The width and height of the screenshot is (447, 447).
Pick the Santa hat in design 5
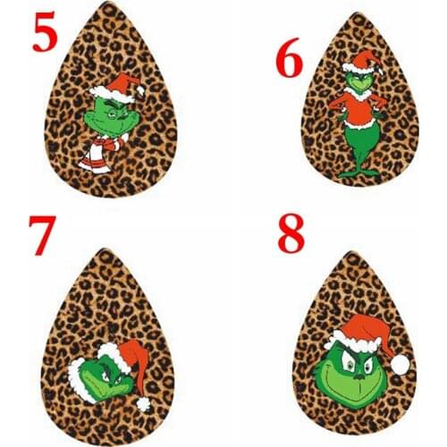(119, 88)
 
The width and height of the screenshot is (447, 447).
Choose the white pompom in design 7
(143, 404)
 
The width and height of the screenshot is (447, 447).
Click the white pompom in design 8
(401, 363)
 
